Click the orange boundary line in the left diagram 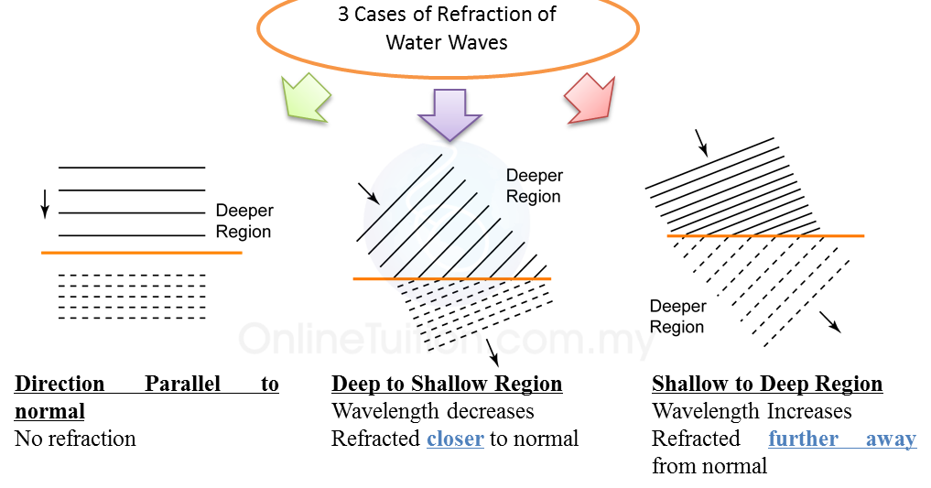(x=141, y=252)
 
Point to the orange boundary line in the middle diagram (x=452, y=278)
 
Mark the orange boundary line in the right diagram (x=765, y=236)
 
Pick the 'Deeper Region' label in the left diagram (x=244, y=222)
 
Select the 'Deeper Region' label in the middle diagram (x=535, y=185)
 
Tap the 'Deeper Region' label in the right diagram (x=677, y=317)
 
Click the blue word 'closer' (x=455, y=439)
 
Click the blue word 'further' (x=804, y=439)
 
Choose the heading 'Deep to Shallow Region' (x=447, y=384)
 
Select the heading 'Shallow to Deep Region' (x=767, y=384)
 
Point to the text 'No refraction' (x=75, y=439)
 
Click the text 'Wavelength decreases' (x=433, y=411)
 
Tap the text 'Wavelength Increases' (x=752, y=411)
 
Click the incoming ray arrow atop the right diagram (x=702, y=142)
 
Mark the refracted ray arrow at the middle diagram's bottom (x=494, y=351)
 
